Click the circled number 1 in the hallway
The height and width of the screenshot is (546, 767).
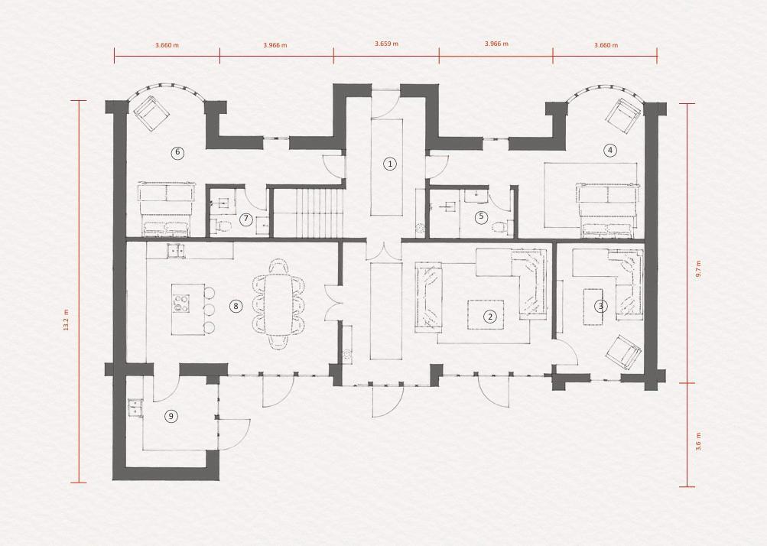coord(390,164)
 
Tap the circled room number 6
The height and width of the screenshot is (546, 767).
coord(177,152)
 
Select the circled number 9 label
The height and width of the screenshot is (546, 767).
coord(171,416)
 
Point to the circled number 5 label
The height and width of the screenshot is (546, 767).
coord(481,217)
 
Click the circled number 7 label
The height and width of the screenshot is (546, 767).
coord(245,219)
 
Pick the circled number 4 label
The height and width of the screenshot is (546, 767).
coord(609,150)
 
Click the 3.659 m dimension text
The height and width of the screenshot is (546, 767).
coord(386,44)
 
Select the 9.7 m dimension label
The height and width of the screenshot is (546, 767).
coord(698,268)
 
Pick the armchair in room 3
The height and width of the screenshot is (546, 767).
coord(623,353)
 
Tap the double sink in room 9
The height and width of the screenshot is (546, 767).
coord(135,408)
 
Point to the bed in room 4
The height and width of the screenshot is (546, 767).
coord(606,210)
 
